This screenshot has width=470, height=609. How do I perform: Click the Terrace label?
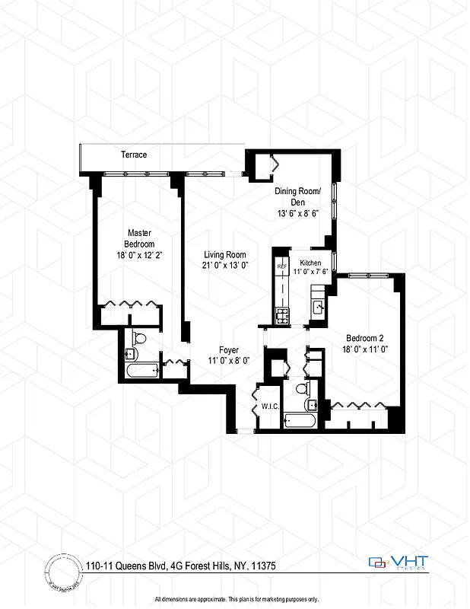pos(134,155)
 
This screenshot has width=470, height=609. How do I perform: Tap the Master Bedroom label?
pos(141,238)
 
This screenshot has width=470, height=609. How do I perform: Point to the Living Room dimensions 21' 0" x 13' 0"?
pos(226,265)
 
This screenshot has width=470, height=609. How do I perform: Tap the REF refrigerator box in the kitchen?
pos(281,266)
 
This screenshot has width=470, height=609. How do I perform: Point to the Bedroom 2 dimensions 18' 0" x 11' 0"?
pos(366,350)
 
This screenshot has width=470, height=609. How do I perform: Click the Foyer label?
pos(229,350)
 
